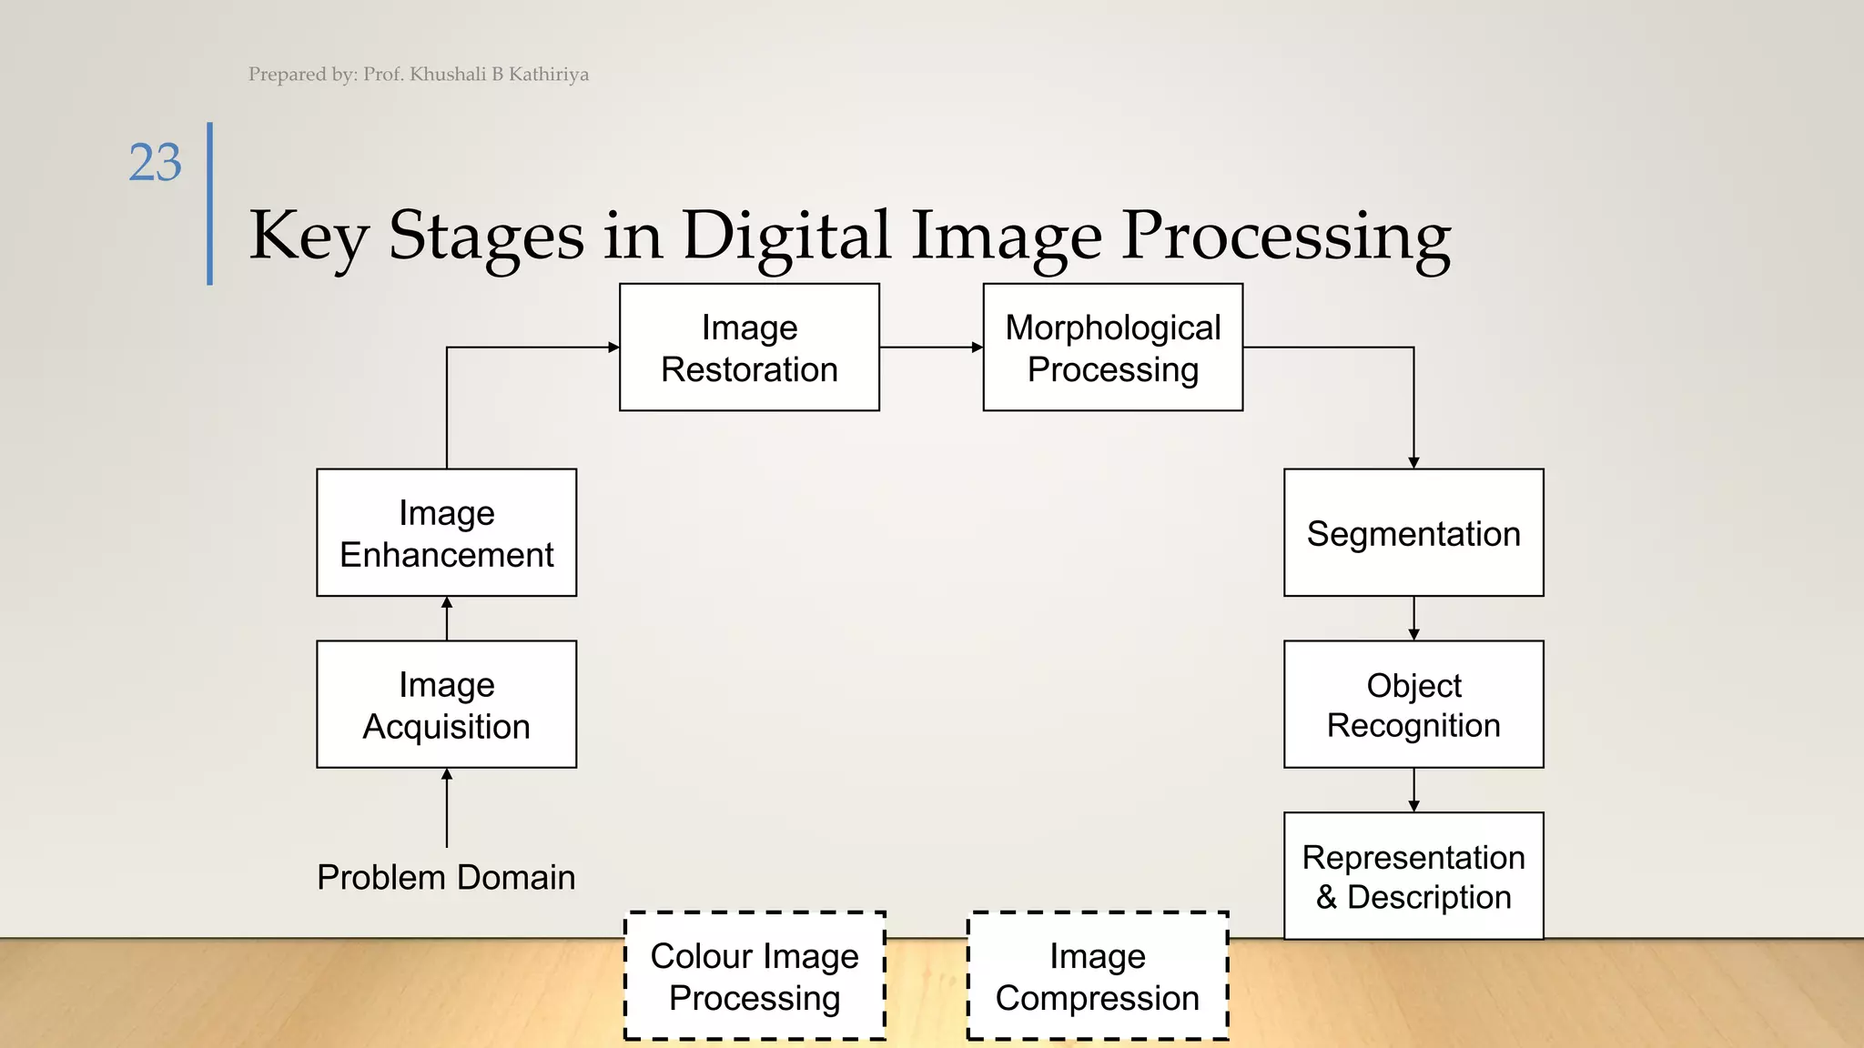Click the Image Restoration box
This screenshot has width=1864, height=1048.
click(x=749, y=348)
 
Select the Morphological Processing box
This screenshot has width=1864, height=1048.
click(x=1112, y=348)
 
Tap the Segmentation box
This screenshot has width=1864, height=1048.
click(x=1413, y=533)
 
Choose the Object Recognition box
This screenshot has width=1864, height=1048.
click(x=1413, y=704)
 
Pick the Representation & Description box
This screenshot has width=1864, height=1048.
click(x=1413, y=876)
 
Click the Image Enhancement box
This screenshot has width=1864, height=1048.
click(x=446, y=533)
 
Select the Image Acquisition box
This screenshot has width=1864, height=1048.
click(x=446, y=704)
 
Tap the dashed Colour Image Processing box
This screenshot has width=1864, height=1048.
click(x=755, y=976)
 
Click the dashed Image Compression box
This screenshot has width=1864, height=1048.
click(x=1097, y=976)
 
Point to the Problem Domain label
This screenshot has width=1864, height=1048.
click(x=446, y=878)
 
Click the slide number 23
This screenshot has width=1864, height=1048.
click(x=156, y=163)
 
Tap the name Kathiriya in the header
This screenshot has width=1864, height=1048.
click(x=548, y=75)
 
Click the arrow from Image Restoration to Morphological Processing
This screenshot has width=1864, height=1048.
click(x=930, y=347)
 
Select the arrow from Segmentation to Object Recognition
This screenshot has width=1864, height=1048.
click(x=1413, y=619)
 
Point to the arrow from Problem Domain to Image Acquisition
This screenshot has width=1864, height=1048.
click(x=447, y=808)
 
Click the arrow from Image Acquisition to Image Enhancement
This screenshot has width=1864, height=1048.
click(x=447, y=619)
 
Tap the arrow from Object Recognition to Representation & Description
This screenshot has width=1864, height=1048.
click(x=1413, y=790)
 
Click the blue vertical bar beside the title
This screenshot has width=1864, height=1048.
click(x=210, y=204)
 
